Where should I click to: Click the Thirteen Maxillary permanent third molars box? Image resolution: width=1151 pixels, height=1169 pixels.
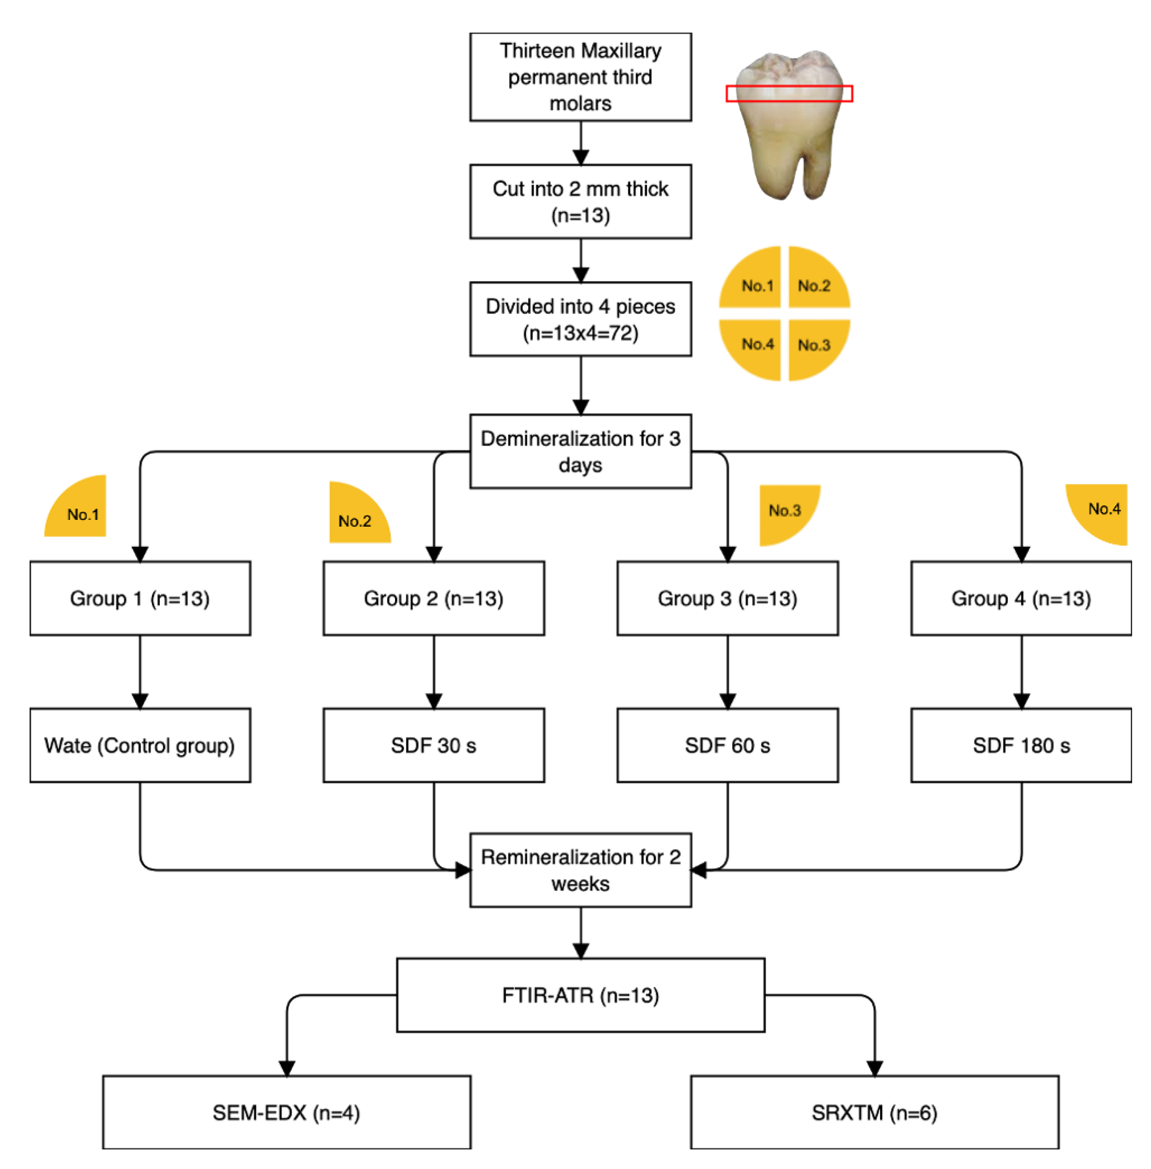tap(580, 77)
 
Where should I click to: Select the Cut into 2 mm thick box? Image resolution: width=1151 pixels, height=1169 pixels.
tap(580, 201)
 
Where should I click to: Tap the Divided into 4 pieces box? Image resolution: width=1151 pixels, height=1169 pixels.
tap(580, 319)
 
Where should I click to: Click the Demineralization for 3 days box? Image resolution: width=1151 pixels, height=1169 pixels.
tap(580, 452)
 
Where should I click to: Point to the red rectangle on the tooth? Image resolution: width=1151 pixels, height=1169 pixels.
tap(789, 93)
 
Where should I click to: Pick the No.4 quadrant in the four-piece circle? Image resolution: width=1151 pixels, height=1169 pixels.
tap(753, 347)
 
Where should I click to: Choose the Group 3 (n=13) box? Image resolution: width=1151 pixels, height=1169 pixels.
tap(727, 598)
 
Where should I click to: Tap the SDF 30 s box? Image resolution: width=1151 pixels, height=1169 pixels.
tap(434, 745)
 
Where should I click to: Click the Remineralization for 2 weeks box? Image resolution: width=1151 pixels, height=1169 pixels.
tap(580, 870)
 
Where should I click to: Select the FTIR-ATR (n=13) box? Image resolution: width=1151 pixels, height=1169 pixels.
tap(580, 995)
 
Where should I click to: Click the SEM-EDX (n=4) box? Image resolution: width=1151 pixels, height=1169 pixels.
tap(287, 1112)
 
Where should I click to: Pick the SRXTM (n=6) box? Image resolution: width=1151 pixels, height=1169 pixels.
tap(874, 1112)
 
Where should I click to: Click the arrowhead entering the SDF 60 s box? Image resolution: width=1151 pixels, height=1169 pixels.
tap(727, 701)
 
